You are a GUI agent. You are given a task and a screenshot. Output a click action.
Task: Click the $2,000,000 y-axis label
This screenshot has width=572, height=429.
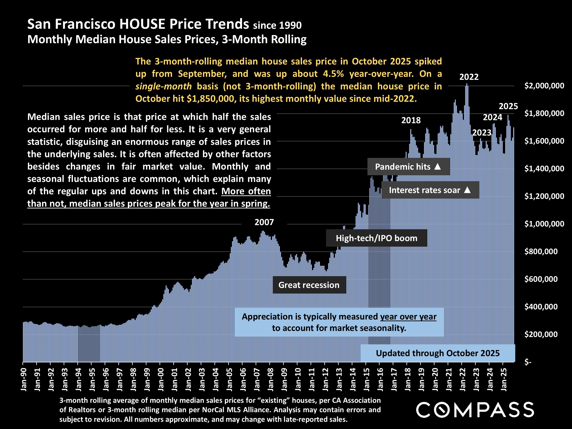click(x=544, y=86)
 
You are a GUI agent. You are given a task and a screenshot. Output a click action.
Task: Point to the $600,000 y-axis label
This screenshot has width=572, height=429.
click(x=541, y=279)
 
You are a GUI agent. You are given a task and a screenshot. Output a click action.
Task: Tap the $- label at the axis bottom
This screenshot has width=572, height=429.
click(x=528, y=362)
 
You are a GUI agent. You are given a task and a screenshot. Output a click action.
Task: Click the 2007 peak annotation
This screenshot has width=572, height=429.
click(x=264, y=222)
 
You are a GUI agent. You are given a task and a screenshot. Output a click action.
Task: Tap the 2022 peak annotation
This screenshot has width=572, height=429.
click(x=469, y=77)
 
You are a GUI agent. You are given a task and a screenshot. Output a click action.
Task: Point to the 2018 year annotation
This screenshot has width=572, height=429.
click(x=411, y=120)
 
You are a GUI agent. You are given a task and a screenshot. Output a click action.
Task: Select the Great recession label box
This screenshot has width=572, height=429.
click(x=309, y=285)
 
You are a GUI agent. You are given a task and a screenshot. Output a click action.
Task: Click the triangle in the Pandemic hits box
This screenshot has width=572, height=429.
click(x=437, y=167)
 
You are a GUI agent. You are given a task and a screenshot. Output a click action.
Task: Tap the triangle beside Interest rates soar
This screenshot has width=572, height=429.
click(x=467, y=190)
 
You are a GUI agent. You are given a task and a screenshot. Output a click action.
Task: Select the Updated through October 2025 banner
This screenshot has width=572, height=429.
click(x=437, y=353)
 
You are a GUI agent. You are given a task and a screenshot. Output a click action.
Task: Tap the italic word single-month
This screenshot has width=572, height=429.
click(x=163, y=86)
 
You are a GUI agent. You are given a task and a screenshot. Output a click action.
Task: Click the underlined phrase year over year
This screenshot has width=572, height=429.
click(x=408, y=317)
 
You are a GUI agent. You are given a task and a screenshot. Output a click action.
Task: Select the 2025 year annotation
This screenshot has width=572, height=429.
click(x=508, y=106)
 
